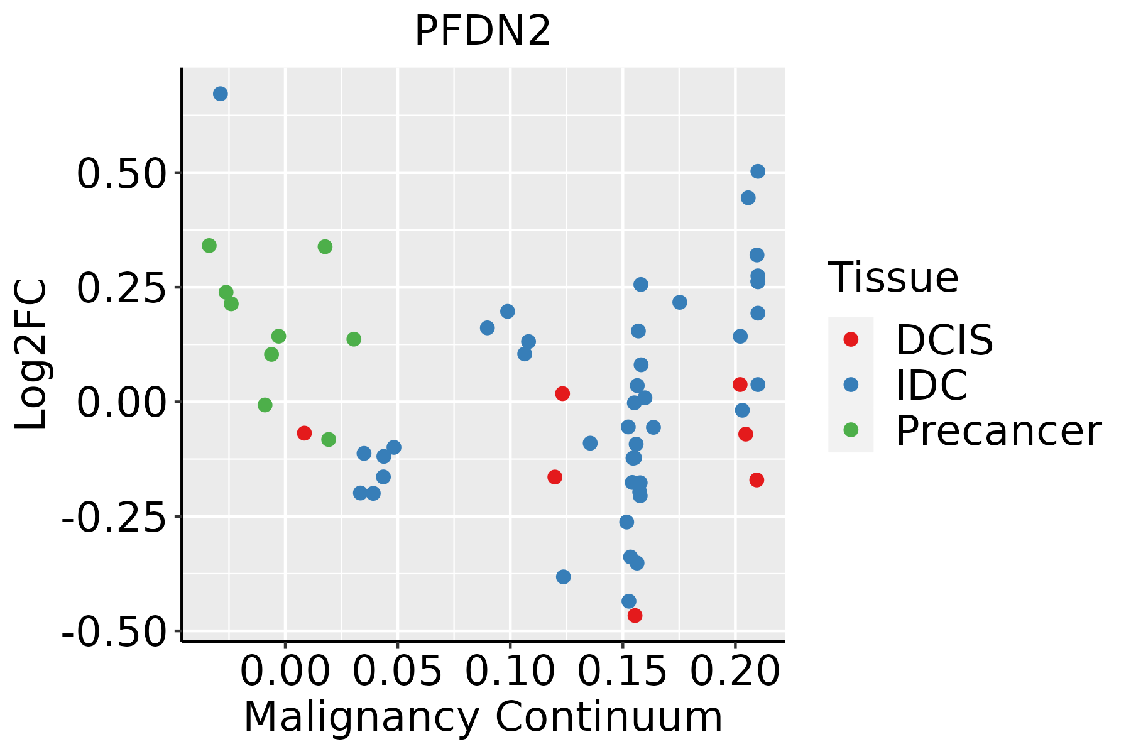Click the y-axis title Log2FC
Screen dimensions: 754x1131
coord(31,355)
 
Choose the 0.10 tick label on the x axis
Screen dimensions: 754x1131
coord(510,671)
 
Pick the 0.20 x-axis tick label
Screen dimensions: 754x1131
coord(735,671)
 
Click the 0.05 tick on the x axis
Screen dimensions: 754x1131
coord(397,671)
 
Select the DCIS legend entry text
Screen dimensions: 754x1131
coord(944,340)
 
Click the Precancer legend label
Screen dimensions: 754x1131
coord(998,431)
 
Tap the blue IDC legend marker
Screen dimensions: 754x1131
coord(851,385)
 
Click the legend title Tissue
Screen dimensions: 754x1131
coord(893,277)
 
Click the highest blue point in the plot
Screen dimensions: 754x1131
coord(221,94)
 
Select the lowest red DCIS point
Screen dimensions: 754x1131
coord(635,615)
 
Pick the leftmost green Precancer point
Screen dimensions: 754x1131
coord(209,246)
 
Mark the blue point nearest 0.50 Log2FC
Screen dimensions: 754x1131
coord(758,172)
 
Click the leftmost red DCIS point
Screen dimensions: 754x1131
coord(304,433)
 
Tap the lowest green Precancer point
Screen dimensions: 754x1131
coord(329,440)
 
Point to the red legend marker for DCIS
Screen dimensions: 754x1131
coord(851,339)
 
